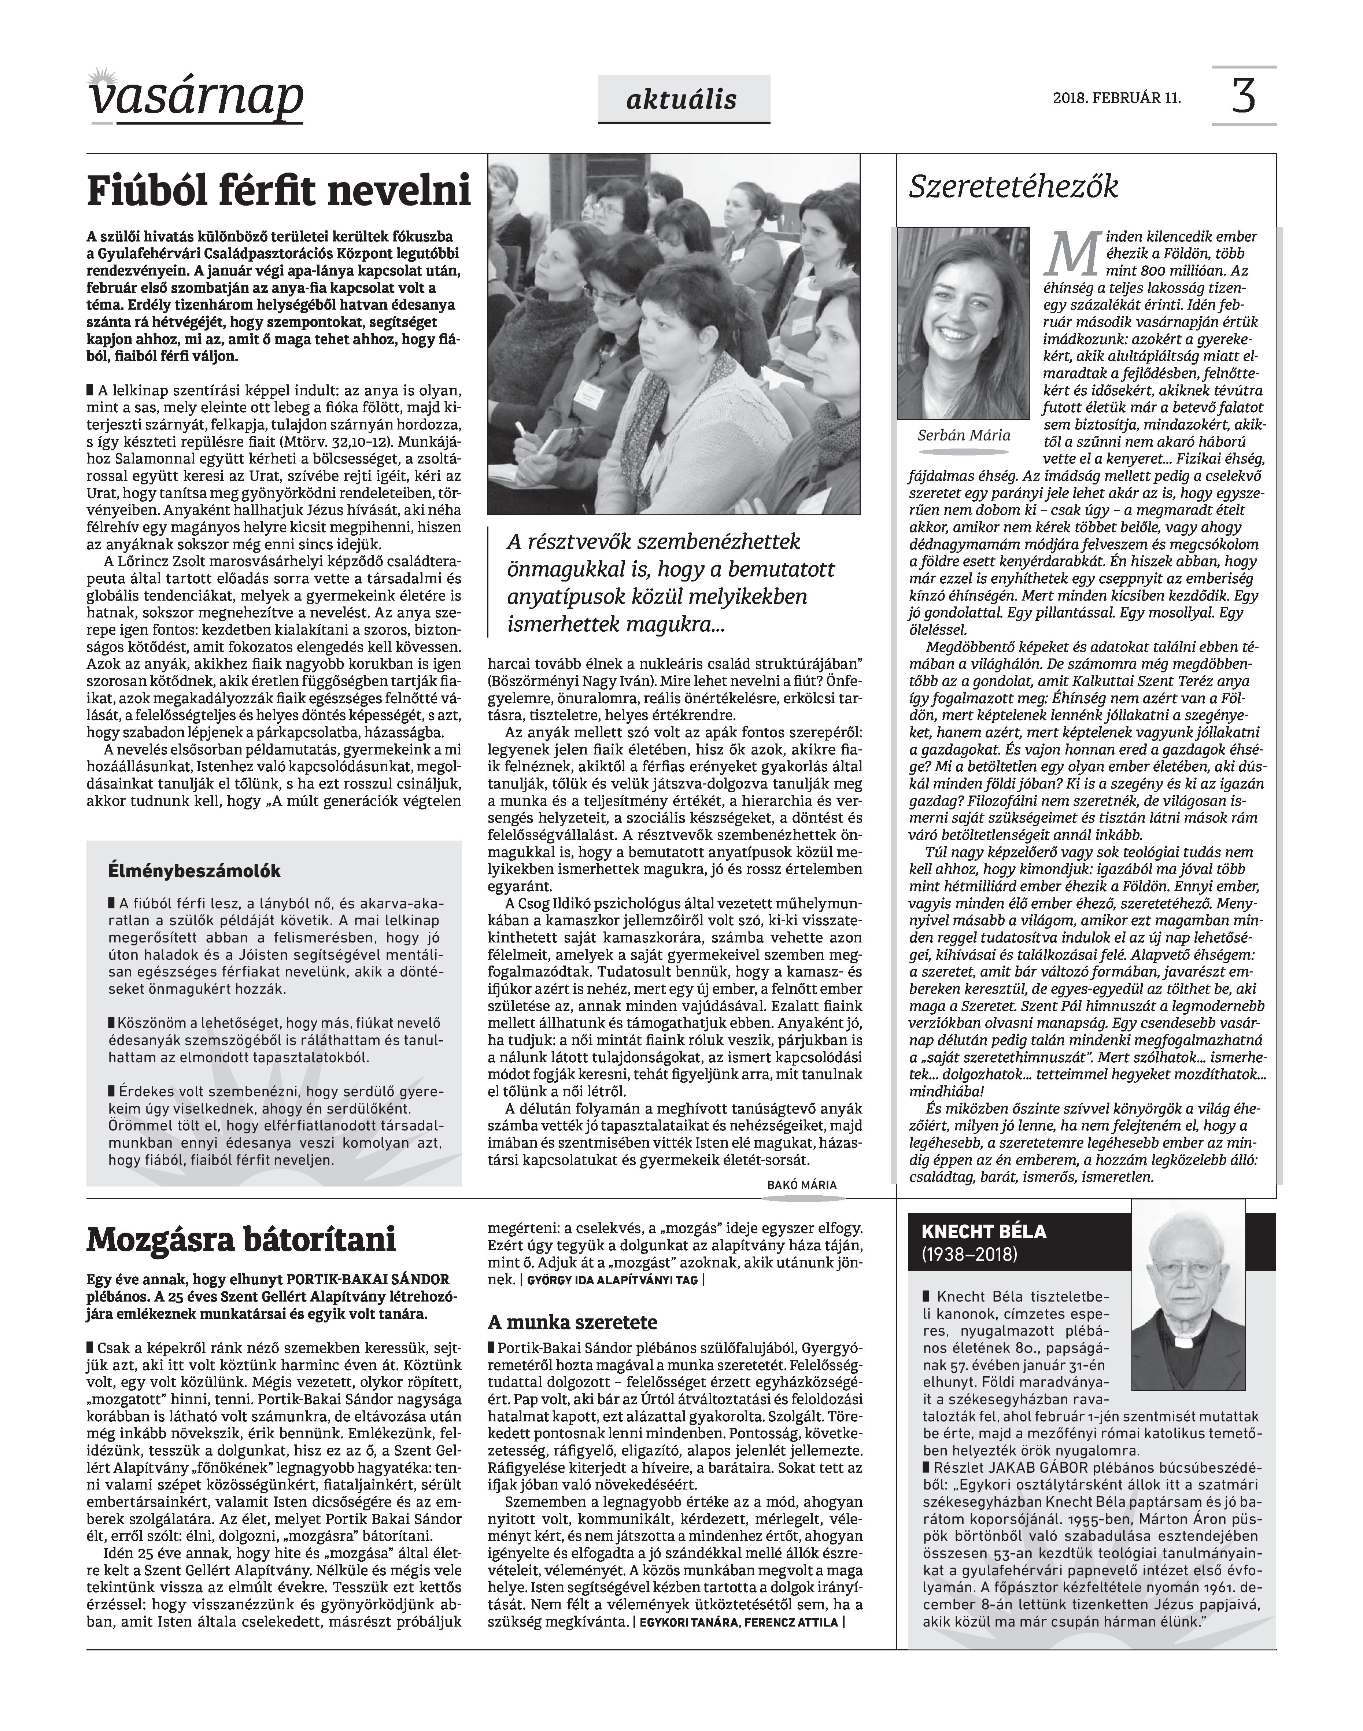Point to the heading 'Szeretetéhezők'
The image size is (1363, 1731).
1013,187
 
